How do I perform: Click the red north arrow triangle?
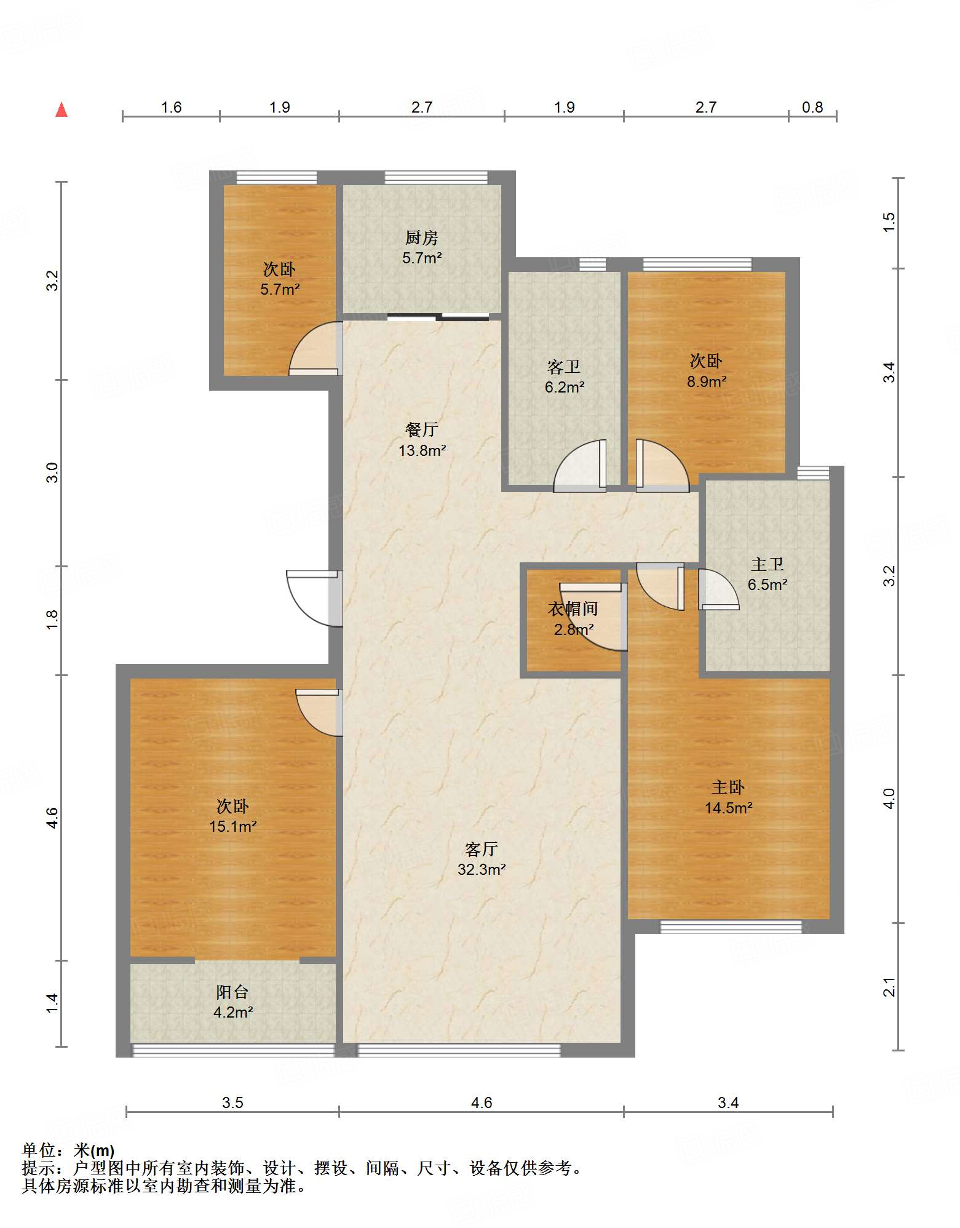point(61,110)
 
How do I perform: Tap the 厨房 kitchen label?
point(422,237)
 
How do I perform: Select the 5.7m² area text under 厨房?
point(422,258)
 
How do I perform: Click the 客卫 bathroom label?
point(564,367)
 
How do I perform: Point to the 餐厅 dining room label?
point(422,429)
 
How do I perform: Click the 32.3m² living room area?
point(482,869)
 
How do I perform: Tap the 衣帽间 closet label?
point(573,609)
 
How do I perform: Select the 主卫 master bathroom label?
point(768,564)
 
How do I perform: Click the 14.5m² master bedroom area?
point(729,808)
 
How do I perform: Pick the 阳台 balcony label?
point(232,992)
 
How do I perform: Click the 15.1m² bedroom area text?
point(233,826)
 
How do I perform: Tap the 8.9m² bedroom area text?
point(707,381)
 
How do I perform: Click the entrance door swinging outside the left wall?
point(314,599)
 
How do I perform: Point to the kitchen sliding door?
point(438,317)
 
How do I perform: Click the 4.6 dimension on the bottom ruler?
point(482,1102)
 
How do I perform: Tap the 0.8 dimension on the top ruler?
point(812,108)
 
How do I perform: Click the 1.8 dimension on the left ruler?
point(52,620)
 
